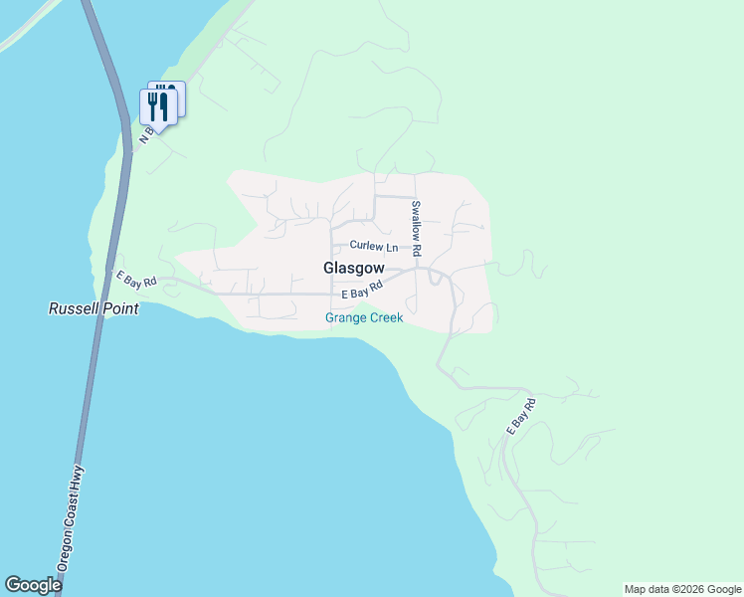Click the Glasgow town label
(x=353, y=269)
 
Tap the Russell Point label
(x=93, y=309)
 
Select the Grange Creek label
(x=364, y=318)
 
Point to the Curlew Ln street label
(x=373, y=247)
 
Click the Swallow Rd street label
(x=417, y=228)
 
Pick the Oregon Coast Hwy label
(x=71, y=517)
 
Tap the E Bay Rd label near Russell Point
(x=136, y=281)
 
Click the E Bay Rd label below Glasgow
(x=362, y=291)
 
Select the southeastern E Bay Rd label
(x=521, y=415)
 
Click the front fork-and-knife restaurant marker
(x=158, y=106)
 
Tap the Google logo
(x=33, y=585)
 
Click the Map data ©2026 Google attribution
(x=683, y=589)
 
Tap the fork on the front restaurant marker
(x=152, y=104)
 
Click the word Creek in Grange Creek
(x=383, y=318)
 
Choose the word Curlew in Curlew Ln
(x=366, y=247)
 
